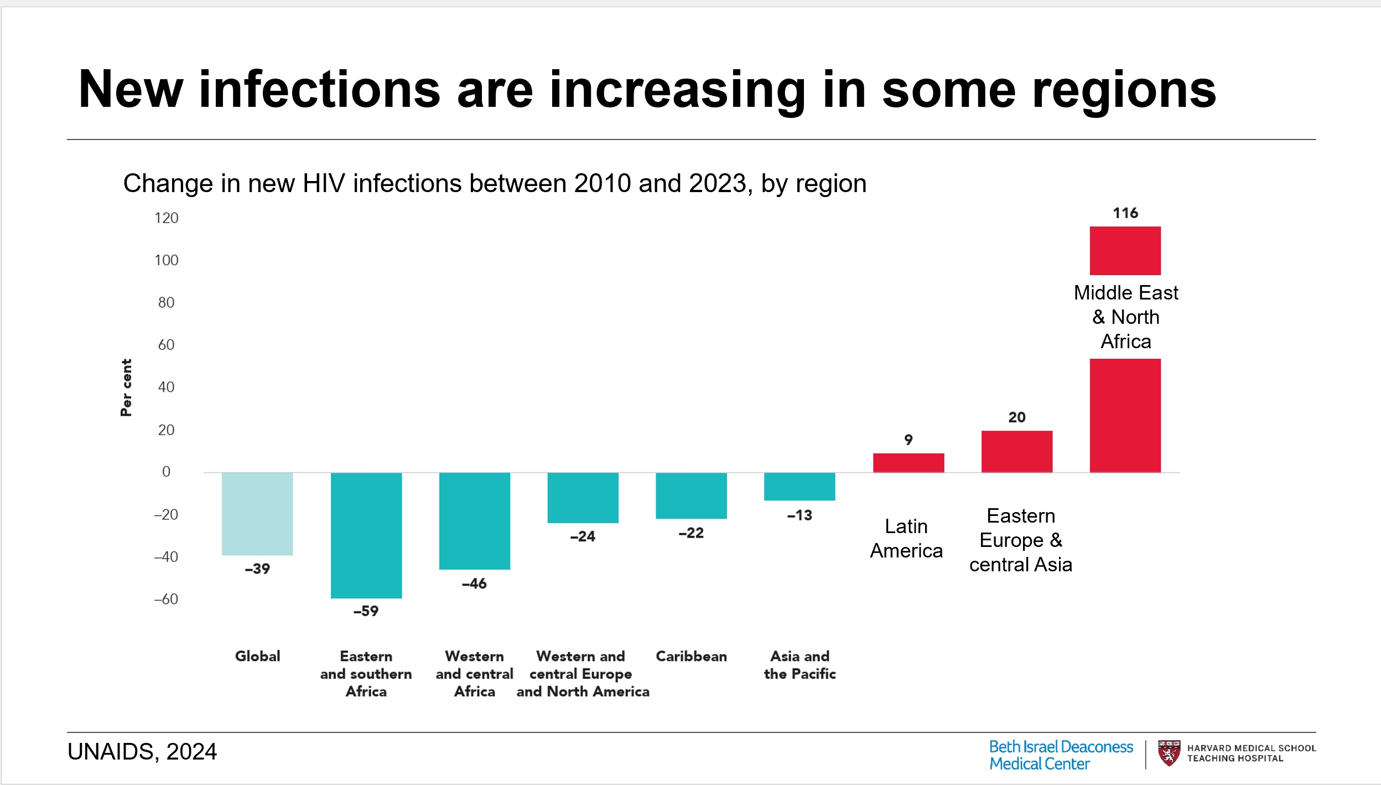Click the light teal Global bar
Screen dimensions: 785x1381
[257, 514]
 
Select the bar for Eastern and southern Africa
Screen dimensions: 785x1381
[366, 535]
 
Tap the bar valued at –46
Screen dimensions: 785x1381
[475, 520]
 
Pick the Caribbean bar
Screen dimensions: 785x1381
[691, 495]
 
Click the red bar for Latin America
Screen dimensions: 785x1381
[908, 463]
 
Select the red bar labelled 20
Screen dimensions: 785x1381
[1017, 451]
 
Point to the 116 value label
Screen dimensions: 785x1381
[1125, 213]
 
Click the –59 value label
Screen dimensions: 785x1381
[366, 611]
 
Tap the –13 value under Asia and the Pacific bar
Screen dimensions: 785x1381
[799, 515]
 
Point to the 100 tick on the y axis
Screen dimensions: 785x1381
[167, 260]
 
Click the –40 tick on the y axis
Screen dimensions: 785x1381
[167, 557]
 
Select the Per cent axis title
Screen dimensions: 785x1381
[127, 388]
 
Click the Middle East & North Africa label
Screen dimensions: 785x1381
[1126, 317]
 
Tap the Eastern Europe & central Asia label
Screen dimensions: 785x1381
[1021, 540]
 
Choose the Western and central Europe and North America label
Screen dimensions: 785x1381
[583, 674]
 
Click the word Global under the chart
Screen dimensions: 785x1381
[257, 656]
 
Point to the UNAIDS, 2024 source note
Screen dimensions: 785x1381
[142, 752]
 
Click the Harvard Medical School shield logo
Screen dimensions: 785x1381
[1169, 753]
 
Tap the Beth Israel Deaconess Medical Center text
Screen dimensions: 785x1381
[1061, 755]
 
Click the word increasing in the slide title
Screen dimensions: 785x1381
[678, 90]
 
